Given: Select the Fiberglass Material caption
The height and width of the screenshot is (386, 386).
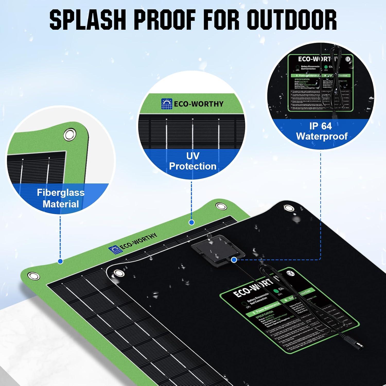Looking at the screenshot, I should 61,198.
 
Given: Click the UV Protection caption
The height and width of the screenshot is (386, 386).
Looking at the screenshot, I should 192,161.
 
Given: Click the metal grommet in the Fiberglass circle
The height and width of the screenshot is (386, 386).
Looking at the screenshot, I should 70,134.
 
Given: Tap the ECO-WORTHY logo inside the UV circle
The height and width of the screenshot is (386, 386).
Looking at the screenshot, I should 192,104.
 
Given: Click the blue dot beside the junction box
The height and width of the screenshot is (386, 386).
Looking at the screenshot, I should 234,260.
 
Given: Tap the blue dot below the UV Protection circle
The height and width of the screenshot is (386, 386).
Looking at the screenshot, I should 191,222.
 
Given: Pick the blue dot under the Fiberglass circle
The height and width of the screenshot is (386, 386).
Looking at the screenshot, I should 60,261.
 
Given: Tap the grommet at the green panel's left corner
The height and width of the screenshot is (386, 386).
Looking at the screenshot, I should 33,276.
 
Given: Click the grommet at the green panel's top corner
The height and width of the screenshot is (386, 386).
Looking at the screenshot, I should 220,206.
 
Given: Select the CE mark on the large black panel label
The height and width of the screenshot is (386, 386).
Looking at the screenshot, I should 291,274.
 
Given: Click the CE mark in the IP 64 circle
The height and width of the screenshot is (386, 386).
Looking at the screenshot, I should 348,59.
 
